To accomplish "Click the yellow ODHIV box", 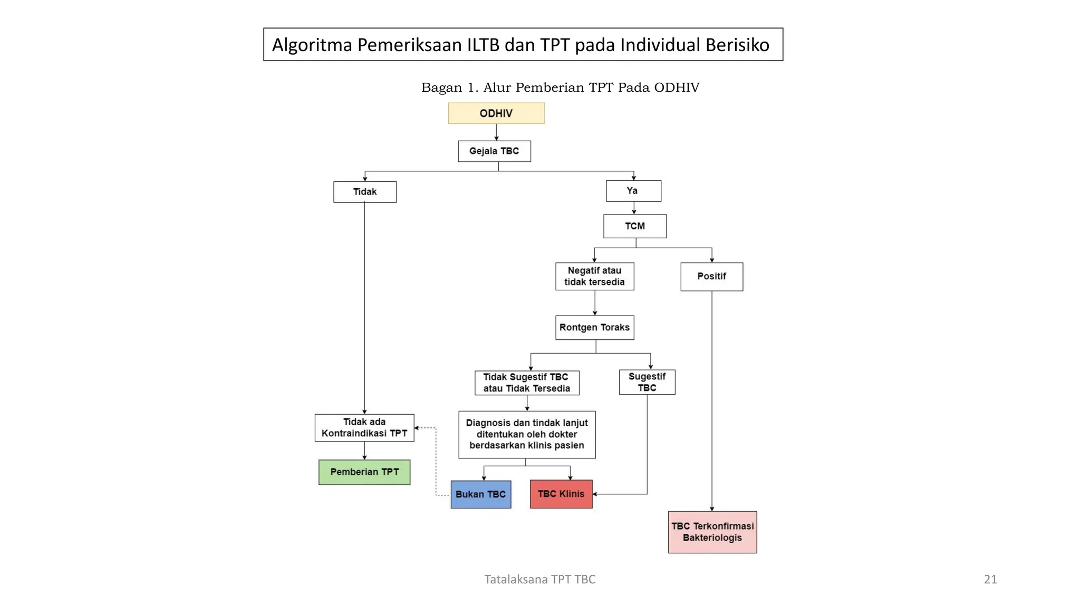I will pyautogui.click(x=496, y=113).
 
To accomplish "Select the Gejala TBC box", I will pyautogui.click(x=494, y=151).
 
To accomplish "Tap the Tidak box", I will pyautogui.click(x=364, y=192).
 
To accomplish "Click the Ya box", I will pyautogui.click(x=633, y=191).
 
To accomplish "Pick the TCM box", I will pyautogui.click(x=634, y=226).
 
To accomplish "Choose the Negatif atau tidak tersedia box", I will pyautogui.click(x=594, y=276).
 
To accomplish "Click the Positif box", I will pyautogui.click(x=711, y=277).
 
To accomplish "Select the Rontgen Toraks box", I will pyautogui.click(x=594, y=327).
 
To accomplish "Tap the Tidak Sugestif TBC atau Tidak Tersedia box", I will pyautogui.click(x=526, y=383).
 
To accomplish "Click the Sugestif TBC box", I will pyautogui.click(x=647, y=382).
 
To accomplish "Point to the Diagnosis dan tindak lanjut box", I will pyautogui.click(x=526, y=434).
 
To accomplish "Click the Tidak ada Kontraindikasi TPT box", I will pyautogui.click(x=364, y=427).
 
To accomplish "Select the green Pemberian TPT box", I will pyautogui.click(x=364, y=472).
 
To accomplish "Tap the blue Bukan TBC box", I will pyautogui.click(x=480, y=494).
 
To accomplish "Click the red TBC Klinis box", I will pyautogui.click(x=561, y=494).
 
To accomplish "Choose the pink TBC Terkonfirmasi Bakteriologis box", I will pyautogui.click(x=712, y=532).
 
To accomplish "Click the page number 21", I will pyautogui.click(x=990, y=579).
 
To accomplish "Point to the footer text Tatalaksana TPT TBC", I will pyautogui.click(x=539, y=579).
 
